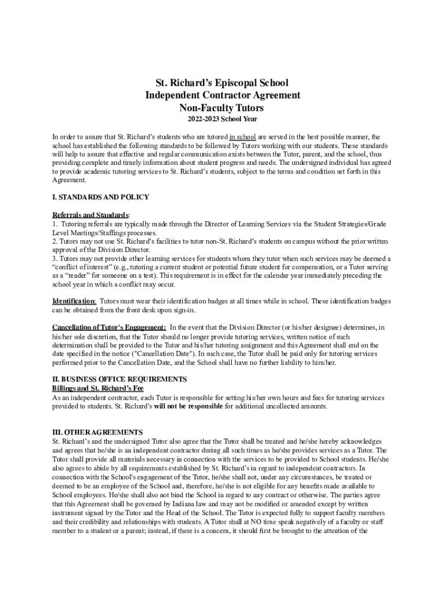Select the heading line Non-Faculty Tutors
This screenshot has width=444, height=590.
tap(222, 107)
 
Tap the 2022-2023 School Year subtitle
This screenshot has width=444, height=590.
tap(222, 119)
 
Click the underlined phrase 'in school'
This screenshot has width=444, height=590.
tap(242, 137)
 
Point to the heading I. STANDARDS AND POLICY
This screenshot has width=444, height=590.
tap(101, 197)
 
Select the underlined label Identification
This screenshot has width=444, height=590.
tap(74, 301)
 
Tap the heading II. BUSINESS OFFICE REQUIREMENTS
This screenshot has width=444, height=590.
tap(119, 379)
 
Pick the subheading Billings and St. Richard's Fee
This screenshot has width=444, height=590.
tap(98, 388)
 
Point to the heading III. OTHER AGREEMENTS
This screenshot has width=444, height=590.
tap(97, 432)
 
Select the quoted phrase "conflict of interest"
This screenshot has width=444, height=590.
tap(85, 267)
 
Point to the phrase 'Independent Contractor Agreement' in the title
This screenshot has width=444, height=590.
tap(222, 95)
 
